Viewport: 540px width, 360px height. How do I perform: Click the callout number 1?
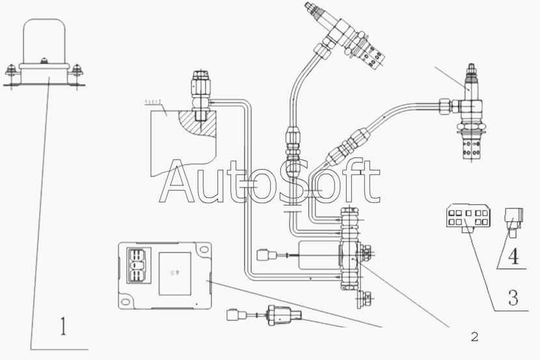(63, 325)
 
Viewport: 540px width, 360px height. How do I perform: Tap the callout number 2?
(474, 336)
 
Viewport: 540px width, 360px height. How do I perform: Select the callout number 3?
(513, 298)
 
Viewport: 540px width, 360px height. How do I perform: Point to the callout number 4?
(513, 256)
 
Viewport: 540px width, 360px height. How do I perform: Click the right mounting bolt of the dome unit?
(78, 68)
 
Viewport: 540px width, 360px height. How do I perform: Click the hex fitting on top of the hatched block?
(198, 89)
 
